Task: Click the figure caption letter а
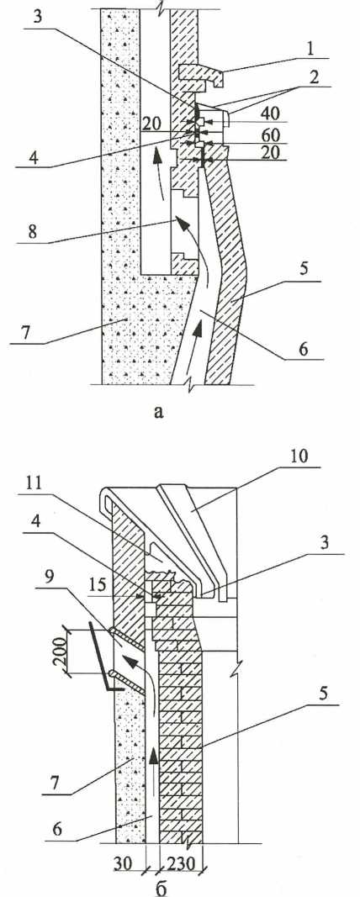[159, 411]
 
